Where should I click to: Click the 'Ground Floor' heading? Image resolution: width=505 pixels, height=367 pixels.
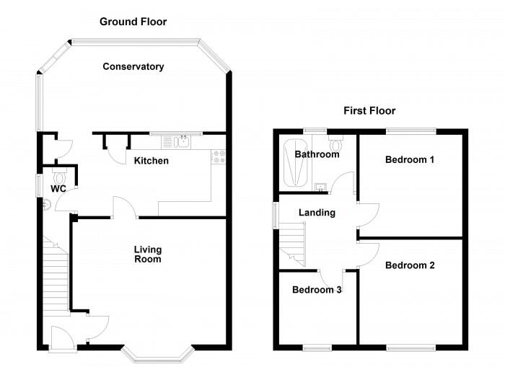133,22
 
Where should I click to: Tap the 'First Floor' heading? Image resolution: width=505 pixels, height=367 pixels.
369,110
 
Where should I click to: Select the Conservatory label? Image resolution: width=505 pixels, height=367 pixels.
133,66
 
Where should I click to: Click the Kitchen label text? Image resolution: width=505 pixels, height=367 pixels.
151,160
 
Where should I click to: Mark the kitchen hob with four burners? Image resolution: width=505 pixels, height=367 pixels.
219,155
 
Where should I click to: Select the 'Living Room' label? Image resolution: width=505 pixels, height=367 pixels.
147,255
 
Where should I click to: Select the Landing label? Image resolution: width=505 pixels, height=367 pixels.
317,213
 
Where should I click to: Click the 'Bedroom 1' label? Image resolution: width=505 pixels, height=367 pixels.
409,159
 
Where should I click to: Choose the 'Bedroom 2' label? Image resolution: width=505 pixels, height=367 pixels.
409,265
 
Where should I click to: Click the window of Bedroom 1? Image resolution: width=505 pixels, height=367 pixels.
410,131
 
